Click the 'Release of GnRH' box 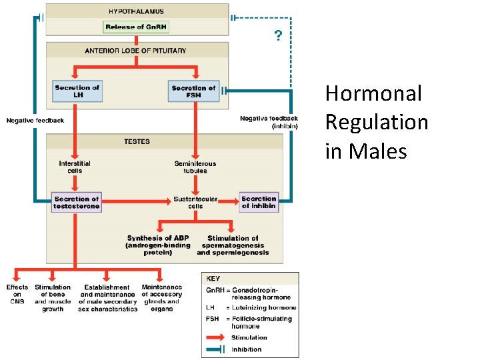coord(136,27)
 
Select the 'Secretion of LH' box coord(77,91)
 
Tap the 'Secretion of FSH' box coord(194,91)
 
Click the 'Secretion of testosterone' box coord(77,203)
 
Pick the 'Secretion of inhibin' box coord(259,203)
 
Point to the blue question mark coord(278,35)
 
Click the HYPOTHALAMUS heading coord(136,11)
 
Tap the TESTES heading coord(137,141)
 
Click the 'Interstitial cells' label coord(75,167)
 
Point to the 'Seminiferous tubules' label coord(195,167)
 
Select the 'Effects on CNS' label coord(17,294)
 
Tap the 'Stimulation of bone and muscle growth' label coord(53,298)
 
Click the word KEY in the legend coord(213,279)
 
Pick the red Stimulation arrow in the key coord(216,337)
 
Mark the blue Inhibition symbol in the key coord(216,349)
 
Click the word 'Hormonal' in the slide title coord(373,94)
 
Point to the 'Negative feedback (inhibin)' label coord(269,122)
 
